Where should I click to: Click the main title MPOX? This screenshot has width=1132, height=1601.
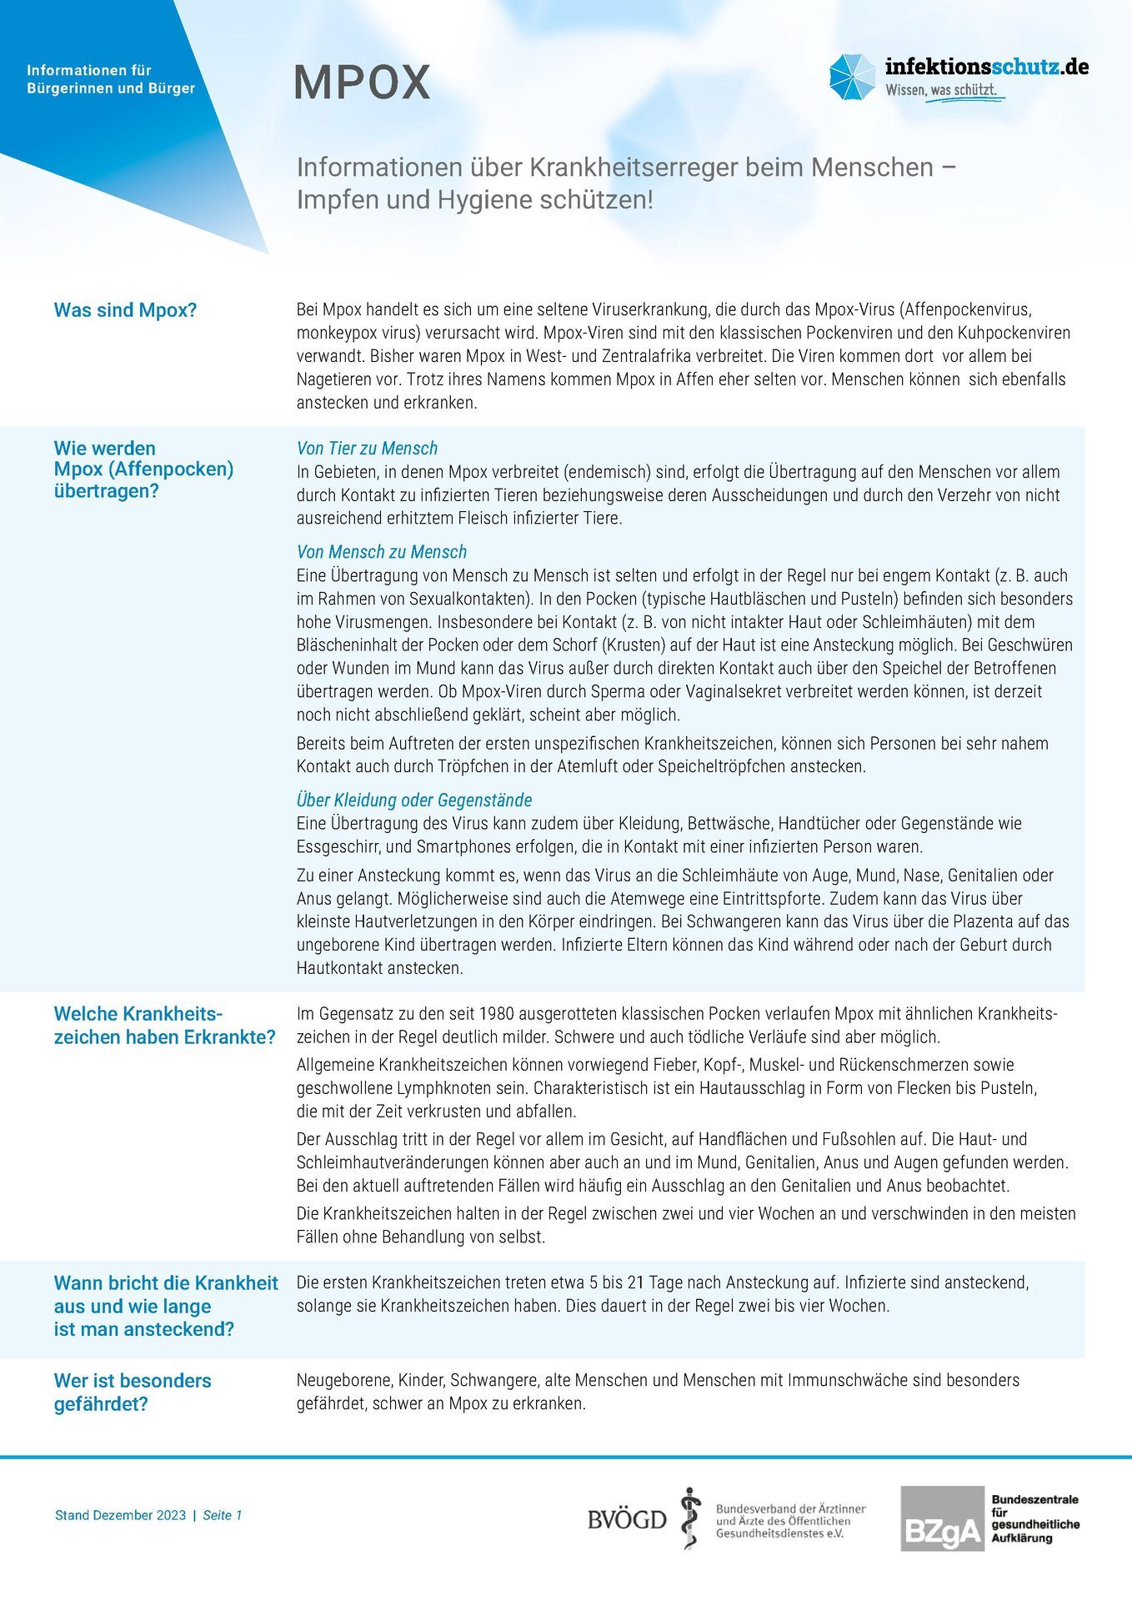pyautogui.click(x=362, y=83)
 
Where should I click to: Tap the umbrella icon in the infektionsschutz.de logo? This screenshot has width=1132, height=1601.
pyautogui.click(x=852, y=77)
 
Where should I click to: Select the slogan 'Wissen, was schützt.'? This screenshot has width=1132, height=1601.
pyautogui.click(x=941, y=90)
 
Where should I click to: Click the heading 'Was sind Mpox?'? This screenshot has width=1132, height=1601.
pyautogui.click(x=125, y=310)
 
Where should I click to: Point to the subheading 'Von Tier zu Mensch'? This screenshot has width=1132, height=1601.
pyautogui.click(x=367, y=449)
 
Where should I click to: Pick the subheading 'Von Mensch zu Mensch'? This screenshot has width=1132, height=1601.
pyautogui.click(x=381, y=552)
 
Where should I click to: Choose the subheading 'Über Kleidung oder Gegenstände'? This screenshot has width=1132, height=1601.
pyautogui.click(x=413, y=800)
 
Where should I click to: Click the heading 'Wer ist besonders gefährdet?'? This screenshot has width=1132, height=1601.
pyautogui.click(x=133, y=1393)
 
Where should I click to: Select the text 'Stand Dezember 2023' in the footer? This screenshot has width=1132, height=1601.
pyautogui.click(x=120, y=1515)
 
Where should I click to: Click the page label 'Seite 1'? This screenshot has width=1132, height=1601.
pyautogui.click(x=223, y=1515)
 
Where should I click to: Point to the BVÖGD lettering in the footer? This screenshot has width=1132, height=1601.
pyautogui.click(x=627, y=1519)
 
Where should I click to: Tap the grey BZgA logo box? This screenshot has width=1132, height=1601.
pyautogui.click(x=942, y=1518)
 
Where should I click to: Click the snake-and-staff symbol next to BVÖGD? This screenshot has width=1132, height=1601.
pyautogui.click(x=689, y=1518)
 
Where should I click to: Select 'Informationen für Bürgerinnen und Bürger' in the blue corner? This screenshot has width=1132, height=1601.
pyautogui.click(x=111, y=79)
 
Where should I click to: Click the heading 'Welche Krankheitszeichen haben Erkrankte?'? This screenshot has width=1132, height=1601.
pyautogui.click(x=164, y=1026)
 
